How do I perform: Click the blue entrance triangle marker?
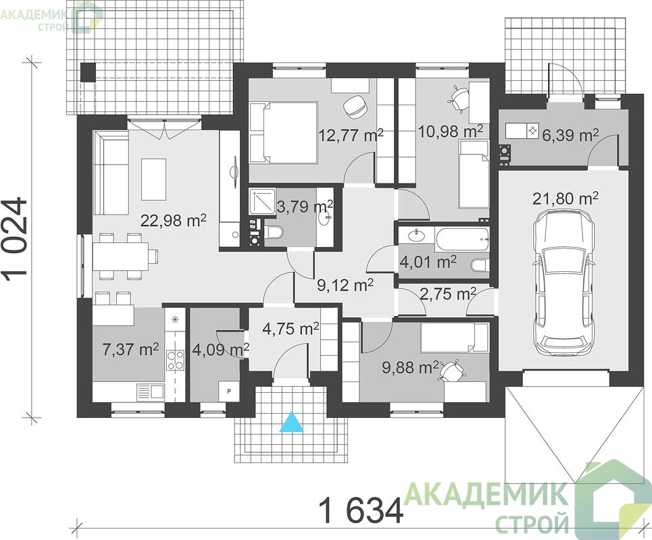[x=292, y=423]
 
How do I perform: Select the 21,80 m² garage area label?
[x=566, y=198]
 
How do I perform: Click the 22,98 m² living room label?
[x=174, y=220]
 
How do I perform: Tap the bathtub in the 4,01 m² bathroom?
[x=462, y=239]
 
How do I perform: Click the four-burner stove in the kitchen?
[x=175, y=360]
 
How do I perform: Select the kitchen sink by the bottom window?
[x=151, y=391]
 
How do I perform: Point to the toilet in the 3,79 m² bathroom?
[x=274, y=233]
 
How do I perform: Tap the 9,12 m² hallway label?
[x=345, y=285]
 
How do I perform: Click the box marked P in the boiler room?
[x=228, y=391]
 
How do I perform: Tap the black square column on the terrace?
[x=88, y=72]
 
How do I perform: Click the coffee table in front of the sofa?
[x=154, y=180]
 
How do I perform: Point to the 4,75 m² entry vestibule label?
[x=291, y=329]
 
